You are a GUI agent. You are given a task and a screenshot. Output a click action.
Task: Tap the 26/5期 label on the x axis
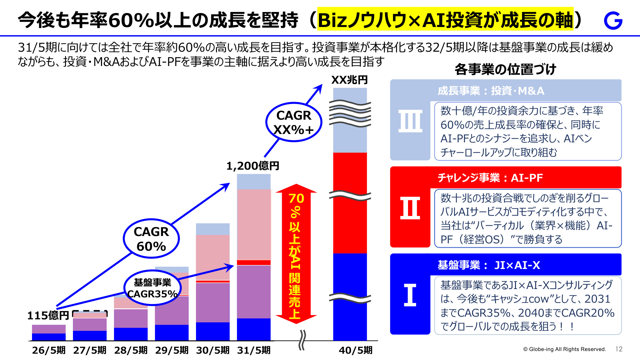coord(49,350)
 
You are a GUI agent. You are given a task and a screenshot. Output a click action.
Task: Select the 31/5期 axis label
coord(254,350)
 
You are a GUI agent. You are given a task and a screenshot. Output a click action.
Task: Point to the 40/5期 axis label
coord(356,350)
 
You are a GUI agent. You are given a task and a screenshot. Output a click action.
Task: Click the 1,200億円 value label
coord(253,166)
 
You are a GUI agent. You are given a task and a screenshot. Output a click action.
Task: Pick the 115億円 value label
coord(48,315)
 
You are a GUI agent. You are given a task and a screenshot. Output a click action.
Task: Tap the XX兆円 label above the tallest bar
coord(349,80)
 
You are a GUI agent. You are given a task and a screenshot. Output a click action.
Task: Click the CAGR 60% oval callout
coord(151,239)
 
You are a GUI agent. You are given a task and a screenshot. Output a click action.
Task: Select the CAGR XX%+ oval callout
coord(294,122)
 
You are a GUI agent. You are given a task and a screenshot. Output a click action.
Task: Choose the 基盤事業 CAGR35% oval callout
coord(152,288)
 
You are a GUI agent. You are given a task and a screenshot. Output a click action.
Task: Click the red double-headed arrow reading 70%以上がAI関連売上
coord(296,254)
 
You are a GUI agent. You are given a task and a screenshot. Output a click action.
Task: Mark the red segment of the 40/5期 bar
coord(350,203)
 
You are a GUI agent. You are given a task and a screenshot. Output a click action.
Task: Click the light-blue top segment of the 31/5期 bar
coord(254,182)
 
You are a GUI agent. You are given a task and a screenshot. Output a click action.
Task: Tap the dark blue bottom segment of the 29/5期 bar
coord(172,333)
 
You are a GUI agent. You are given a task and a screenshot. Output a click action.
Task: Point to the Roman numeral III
coord(410,121)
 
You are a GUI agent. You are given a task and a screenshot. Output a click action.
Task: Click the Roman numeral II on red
coord(410,208)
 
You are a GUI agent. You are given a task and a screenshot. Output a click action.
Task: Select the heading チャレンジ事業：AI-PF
coord(490,178)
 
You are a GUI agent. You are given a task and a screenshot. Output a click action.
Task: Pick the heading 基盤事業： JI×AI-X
coord(489,265)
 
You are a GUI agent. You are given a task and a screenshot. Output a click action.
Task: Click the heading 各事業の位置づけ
coord(505,69)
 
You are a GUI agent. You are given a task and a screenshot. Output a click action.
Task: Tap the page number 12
coord(619,349)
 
